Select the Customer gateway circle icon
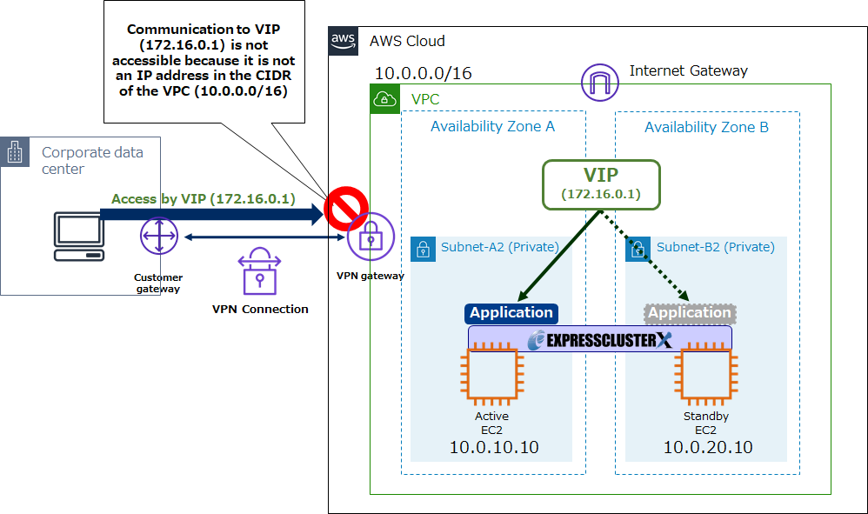tap(158, 237)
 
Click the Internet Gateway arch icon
tap(600, 83)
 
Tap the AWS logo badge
tap(344, 41)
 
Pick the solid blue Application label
tap(511, 313)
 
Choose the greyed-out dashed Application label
tap(690, 313)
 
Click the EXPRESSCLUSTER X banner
tap(599, 339)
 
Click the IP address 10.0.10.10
tap(493, 448)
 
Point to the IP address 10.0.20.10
tap(707, 448)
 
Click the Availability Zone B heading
tap(706, 128)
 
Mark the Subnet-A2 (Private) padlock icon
tap(424, 250)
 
